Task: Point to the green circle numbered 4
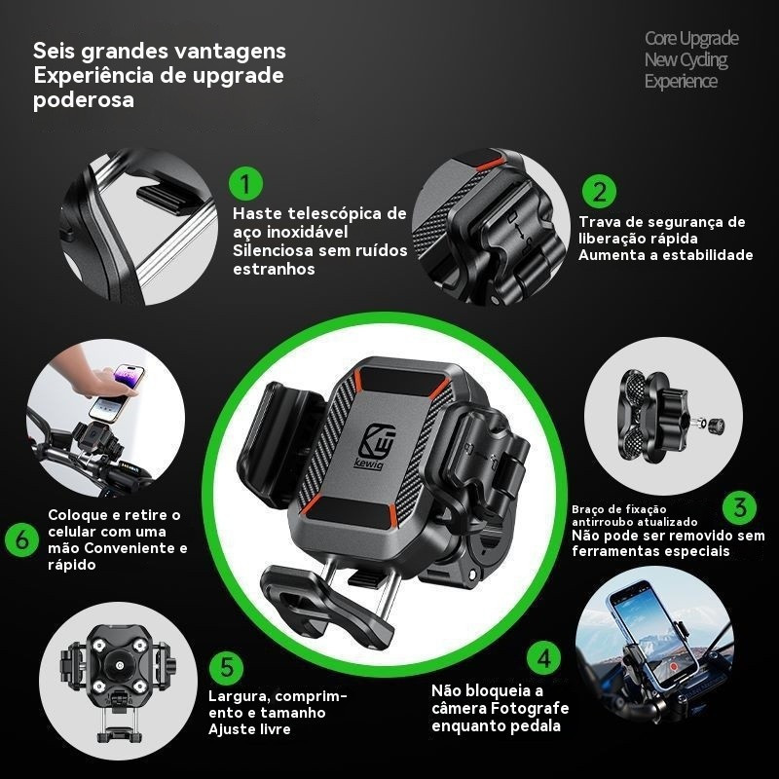(543, 657)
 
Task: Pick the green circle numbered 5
(227, 666)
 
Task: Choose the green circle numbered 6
(21, 539)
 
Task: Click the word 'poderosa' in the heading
(83, 100)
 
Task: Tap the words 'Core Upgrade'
(691, 38)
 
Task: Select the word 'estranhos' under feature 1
(273, 269)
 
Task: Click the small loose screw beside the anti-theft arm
(713, 424)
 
